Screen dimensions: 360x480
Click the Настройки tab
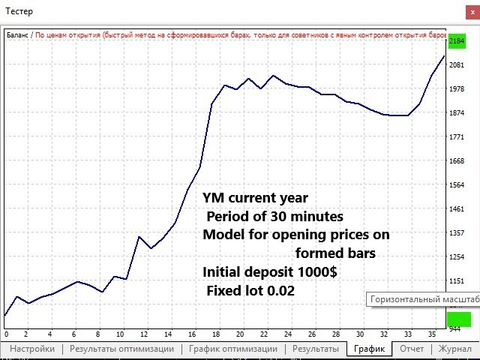(32, 349)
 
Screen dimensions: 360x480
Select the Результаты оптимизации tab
(121, 349)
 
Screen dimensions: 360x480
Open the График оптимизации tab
(233, 349)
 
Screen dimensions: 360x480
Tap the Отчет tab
(412, 349)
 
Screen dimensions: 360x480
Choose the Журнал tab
(454, 349)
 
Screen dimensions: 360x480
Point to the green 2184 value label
(457, 41)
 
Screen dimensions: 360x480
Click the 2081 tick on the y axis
(457, 65)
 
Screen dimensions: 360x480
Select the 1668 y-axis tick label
(457, 161)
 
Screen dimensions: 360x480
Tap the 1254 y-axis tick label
(457, 257)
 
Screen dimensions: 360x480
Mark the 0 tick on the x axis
(6, 334)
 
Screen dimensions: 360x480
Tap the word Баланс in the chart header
(18, 34)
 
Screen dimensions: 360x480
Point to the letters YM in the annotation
(214, 199)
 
